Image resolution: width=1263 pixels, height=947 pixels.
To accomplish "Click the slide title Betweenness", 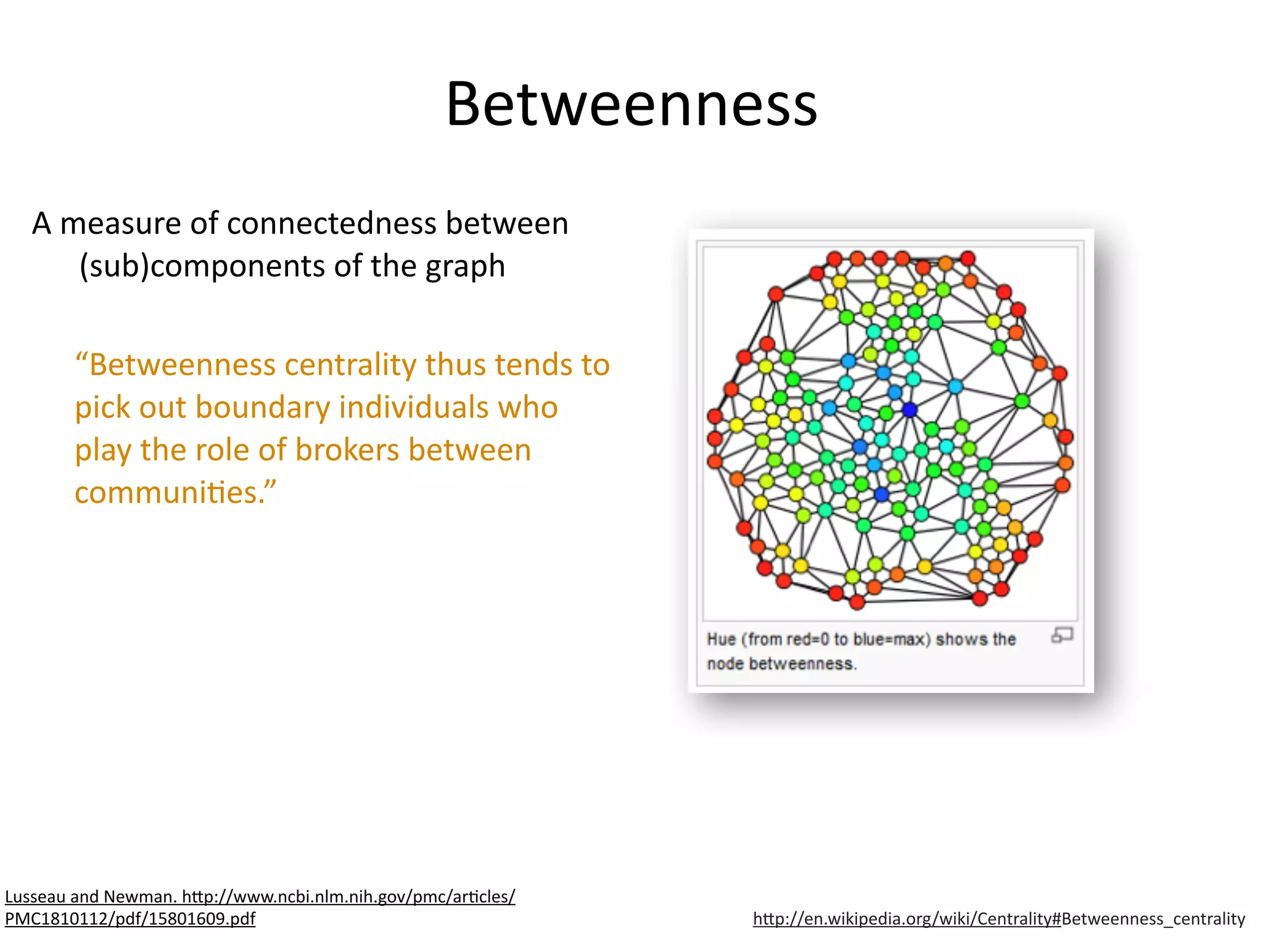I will [631, 105].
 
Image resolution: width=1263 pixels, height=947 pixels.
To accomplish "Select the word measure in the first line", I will [120, 223].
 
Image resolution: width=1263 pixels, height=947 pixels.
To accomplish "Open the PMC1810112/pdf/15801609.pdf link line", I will [130, 919].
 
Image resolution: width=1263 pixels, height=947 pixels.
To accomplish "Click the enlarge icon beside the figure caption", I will [1062, 635].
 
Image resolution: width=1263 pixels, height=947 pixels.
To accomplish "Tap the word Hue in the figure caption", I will [721, 639].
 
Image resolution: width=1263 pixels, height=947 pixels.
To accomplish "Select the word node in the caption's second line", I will [725, 664].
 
